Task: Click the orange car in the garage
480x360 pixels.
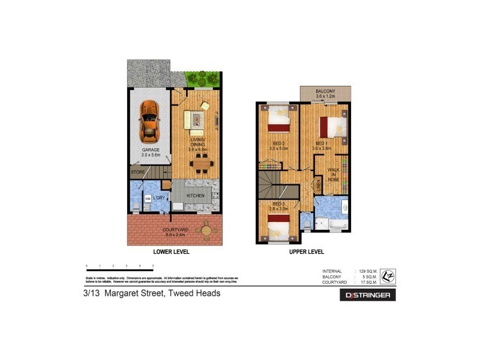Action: pyautogui.click(x=148, y=119)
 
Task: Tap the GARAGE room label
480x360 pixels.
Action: pyautogui.click(x=148, y=152)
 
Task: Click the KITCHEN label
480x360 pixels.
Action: pyautogui.click(x=196, y=196)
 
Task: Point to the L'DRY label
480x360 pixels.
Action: pyautogui.click(x=158, y=197)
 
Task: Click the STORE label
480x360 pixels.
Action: pyautogui.click(x=138, y=173)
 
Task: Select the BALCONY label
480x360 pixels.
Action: pyautogui.click(x=326, y=93)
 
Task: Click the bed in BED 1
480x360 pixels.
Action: pyautogui.click(x=332, y=127)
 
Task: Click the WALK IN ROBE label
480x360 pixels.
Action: pyautogui.click(x=334, y=175)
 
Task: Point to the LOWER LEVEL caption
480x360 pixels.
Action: pyautogui.click(x=171, y=253)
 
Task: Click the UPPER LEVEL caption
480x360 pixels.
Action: pyautogui.click(x=307, y=253)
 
